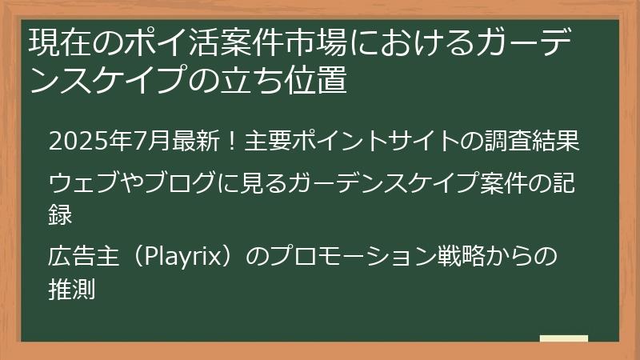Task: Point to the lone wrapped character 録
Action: coord(61,214)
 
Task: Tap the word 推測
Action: coord(72,288)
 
